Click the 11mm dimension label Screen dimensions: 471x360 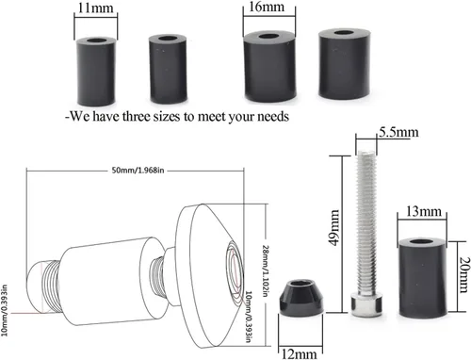point(95,8)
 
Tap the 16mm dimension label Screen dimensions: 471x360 point(267,7)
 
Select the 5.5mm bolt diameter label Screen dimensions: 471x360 point(398,132)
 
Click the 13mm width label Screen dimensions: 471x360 point(424,211)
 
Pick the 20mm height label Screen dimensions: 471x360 point(464,274)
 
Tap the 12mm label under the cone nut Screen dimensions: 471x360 point(299,354)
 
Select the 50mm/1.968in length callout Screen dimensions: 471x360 point(138,171)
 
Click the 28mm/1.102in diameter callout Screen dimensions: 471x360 point(265,270)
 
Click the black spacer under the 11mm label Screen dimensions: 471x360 point(96,72)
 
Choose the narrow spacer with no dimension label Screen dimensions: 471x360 point(168,69)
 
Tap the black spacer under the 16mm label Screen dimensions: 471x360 point(269,66)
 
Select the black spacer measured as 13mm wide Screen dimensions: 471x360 point(423,278)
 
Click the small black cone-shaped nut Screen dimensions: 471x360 point(301,298)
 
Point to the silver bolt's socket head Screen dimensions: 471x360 point(366,304)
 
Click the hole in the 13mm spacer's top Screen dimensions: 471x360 point(422,242)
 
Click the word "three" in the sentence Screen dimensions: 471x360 point(137,117)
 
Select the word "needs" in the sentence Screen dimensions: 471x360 point(273,117)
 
